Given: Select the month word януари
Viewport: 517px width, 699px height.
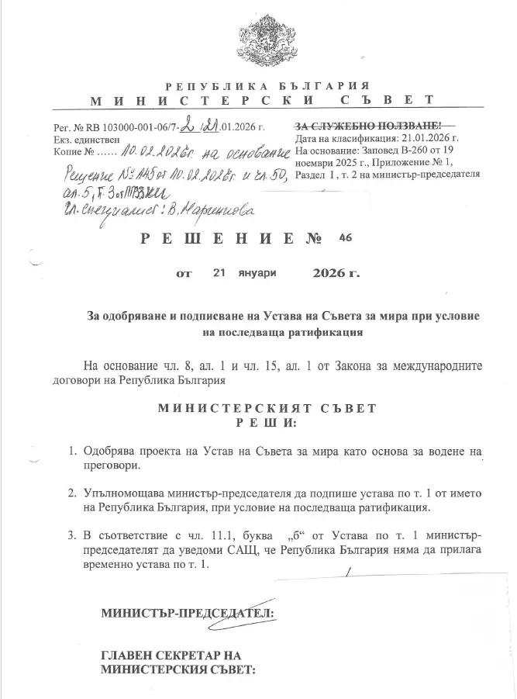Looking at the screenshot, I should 257,274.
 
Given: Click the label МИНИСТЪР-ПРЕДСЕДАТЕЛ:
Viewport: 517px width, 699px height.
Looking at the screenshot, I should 188,613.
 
